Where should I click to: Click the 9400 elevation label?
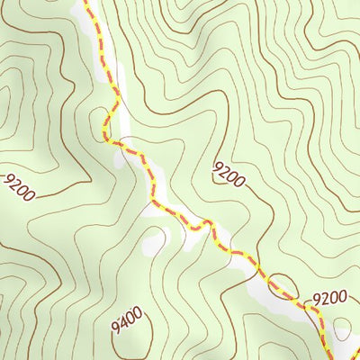pos(127,318)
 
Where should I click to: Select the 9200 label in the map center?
pos(229,174)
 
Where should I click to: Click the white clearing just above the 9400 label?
pos(154,241)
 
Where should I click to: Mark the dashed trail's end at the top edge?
pos(86,3)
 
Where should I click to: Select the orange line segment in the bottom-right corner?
pos(354,353)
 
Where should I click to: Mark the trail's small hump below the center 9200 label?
pos(206,222)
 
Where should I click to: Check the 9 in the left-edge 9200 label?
pos(8,181)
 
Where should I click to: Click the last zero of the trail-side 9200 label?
pos(342,294)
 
